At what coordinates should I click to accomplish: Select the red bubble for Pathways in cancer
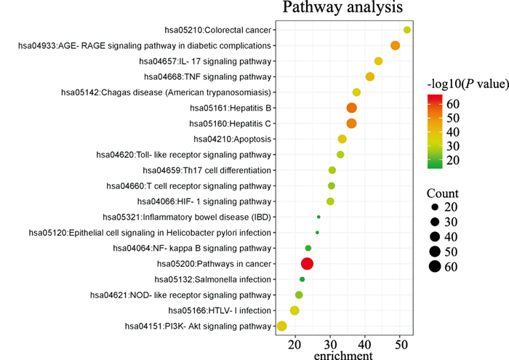pos(307,264)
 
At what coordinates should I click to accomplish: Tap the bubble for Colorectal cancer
pos(406,30)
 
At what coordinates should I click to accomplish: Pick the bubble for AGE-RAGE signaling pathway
pos(395,46)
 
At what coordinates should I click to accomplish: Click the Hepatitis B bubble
pos(352,108)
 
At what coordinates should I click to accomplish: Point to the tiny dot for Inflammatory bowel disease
pos(318,217)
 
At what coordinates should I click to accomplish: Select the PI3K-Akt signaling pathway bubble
pos(281,326)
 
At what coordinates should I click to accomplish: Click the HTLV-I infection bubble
pos(294,311)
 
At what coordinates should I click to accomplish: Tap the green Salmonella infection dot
pos(302,279)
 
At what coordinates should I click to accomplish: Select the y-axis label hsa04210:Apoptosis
pos(233,139)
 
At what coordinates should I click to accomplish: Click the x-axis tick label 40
pos(365,343)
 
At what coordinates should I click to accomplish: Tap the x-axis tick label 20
pos(294,343)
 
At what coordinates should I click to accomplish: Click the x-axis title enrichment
pos(343,355)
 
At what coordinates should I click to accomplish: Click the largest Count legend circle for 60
pos(435,266)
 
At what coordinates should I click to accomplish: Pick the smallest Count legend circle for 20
pos(435,207)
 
